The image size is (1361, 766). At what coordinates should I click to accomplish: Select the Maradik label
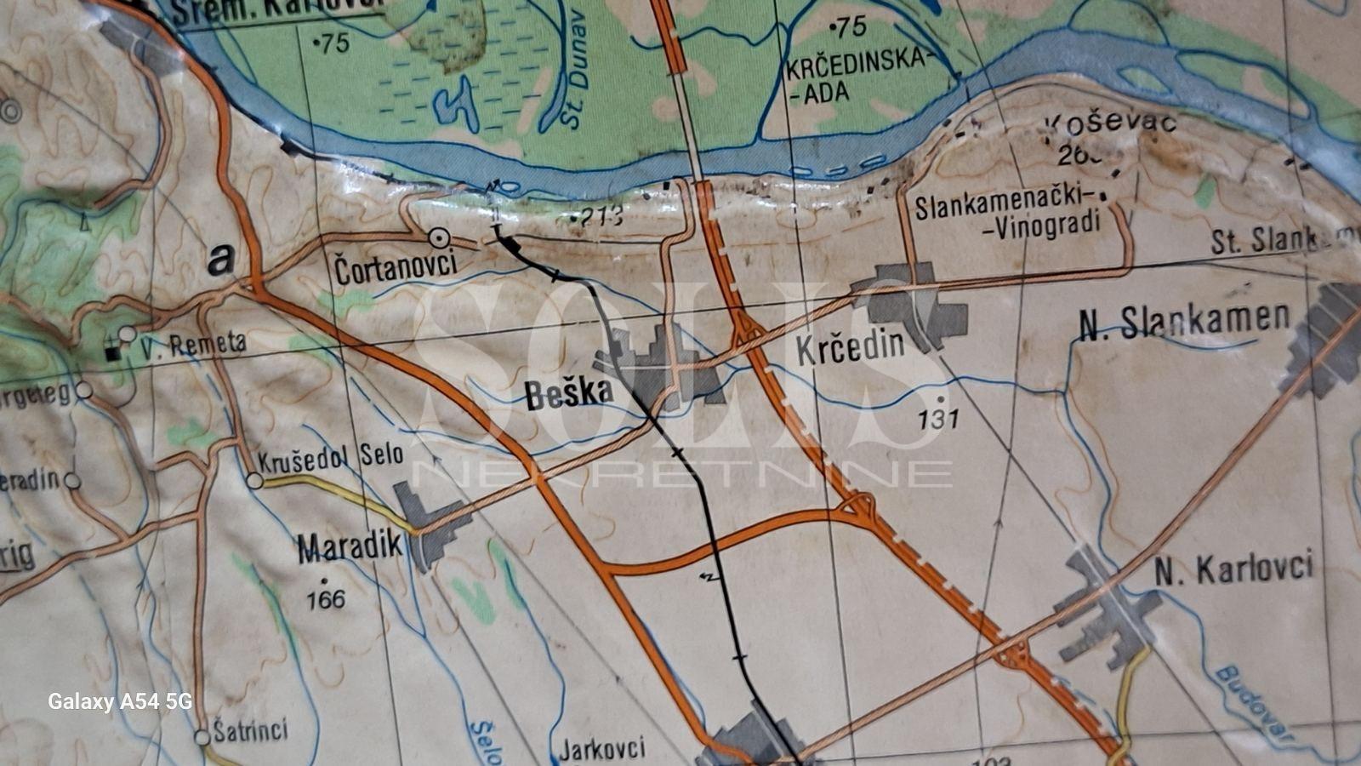point(349,548)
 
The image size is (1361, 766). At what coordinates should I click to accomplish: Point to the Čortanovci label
point(396,269)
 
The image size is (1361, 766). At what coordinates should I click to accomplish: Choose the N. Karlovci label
point(1233,569)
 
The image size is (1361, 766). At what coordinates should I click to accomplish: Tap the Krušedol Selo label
point(331,457)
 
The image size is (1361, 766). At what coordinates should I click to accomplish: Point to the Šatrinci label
point(250,730)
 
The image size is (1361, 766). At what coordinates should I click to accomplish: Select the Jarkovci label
point(601,750)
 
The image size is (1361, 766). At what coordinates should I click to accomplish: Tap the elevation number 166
point(326,599)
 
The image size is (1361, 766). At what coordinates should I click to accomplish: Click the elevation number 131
point(938,418)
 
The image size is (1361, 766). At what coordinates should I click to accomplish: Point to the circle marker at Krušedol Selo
point(254,481)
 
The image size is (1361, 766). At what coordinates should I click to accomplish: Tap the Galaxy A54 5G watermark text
point(119,701)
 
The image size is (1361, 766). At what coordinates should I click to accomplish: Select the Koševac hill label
point(1109,124)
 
